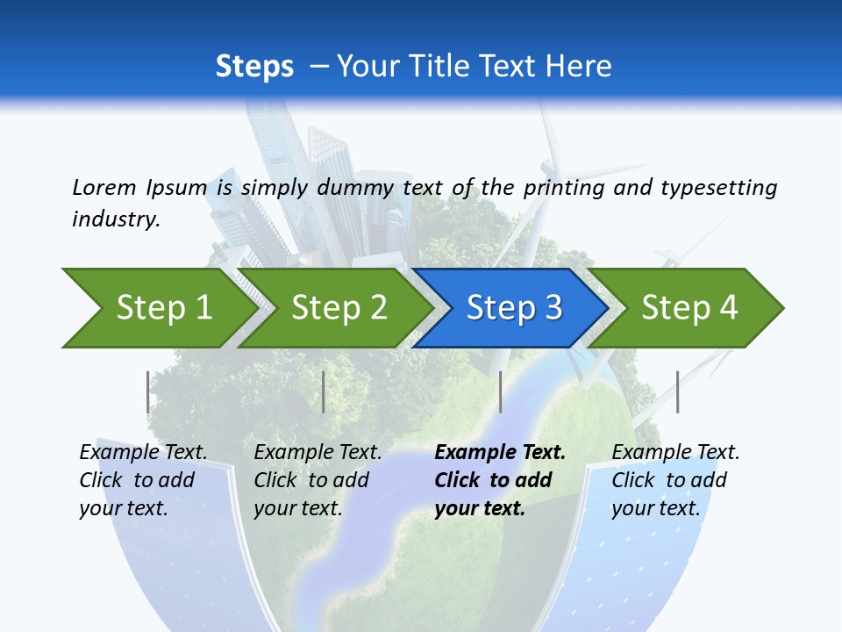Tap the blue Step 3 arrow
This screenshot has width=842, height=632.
click(x=514, y=308)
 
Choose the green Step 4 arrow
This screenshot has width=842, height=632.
click(x=689, y=308)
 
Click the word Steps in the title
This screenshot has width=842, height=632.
click(x=254, y=66)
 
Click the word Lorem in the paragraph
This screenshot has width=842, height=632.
click(x=103, y=187)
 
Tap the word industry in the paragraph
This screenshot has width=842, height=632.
click(x=116, y=219)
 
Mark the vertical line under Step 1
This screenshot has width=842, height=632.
click(x=148, y=391)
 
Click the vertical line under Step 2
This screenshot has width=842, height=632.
click(x=324, y=391)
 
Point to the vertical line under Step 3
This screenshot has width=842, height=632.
click(x=500, y=391)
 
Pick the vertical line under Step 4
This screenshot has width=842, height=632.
click(x=677, y=391)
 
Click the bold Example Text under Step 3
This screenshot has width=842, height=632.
click(x=500, y=453)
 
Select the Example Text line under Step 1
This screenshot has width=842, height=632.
click(x=143, y=453)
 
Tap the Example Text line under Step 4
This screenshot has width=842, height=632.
click(x=675, y=453)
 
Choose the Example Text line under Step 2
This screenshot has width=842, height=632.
click(x=318, y=453)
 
